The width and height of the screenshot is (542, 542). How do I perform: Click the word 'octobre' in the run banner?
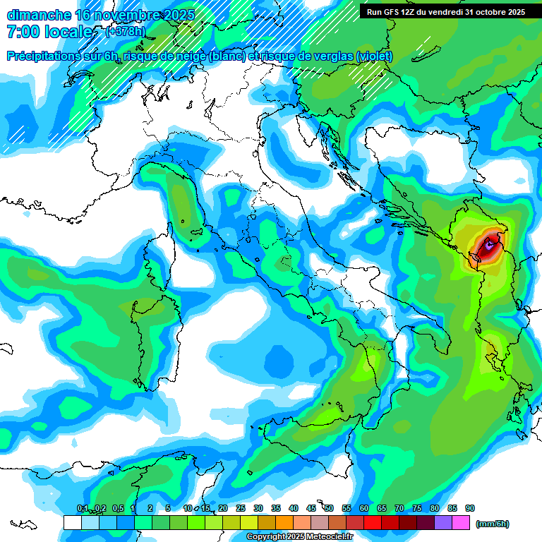coord(480,12)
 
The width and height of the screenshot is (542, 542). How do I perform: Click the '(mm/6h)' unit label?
coord(492,524)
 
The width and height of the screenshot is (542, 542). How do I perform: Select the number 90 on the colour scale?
coord(470,508)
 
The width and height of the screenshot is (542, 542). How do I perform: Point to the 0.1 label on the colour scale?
coord(83,508)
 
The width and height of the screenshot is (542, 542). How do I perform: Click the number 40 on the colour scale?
coord(294,508)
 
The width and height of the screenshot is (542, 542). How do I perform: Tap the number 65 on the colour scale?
coord(382,508)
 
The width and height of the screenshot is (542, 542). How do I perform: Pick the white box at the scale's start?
coord(72,522)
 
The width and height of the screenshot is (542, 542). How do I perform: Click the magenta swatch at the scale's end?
coord(461,522)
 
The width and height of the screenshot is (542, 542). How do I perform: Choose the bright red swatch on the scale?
coord(373,522)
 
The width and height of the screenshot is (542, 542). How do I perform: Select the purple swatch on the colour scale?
coord(443,522)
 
